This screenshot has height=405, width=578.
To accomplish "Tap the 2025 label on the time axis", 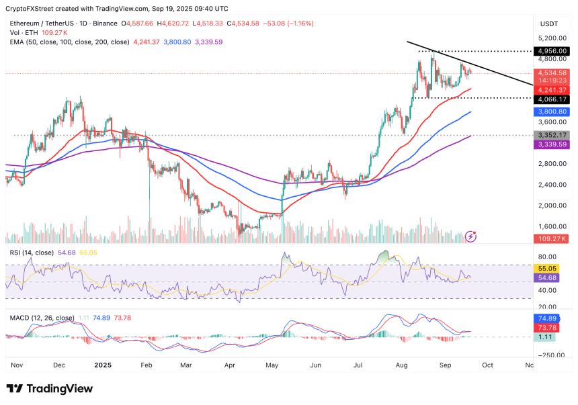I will tap(103, 365).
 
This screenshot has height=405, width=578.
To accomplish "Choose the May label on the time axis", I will tap(272, 365).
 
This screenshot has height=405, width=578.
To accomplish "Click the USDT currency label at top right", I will tap(549, 24).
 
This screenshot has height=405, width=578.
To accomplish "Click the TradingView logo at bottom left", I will tap(49, 389).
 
